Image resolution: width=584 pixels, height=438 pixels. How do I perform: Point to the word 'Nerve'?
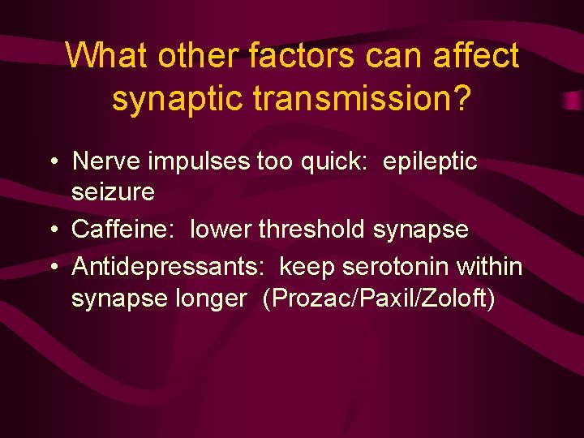pos(105,161)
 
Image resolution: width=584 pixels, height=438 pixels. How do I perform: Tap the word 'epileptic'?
pos(431,161)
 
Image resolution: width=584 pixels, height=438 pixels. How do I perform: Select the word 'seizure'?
pos(113,193)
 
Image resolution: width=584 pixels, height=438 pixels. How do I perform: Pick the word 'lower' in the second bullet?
pos(221,230)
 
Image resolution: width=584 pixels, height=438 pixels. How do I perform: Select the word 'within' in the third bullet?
pos(490,265)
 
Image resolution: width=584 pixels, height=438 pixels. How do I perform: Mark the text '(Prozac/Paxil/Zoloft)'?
pos(378,298)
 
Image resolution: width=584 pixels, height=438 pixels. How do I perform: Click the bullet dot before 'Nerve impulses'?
pos(52,162)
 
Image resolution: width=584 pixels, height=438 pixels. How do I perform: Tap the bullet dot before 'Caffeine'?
pos(52,230)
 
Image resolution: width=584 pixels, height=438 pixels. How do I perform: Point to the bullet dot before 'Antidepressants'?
pos(52,266)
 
